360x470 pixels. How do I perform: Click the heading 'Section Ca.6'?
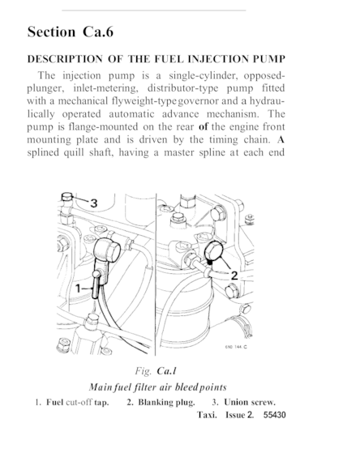(71, 32)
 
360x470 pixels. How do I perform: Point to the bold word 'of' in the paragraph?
(203, 126)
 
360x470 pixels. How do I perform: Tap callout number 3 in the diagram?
(94, 203)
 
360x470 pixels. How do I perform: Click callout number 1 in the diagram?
(79, 288)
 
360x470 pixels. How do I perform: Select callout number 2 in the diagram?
(234, 276)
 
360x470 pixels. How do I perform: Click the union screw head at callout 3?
(66, 197)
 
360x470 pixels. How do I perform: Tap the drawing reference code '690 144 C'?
(236, 347)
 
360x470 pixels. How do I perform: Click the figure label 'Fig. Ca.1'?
(156, 371)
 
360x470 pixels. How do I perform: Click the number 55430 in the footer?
(275, 415)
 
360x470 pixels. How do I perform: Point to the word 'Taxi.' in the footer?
(207, 415)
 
